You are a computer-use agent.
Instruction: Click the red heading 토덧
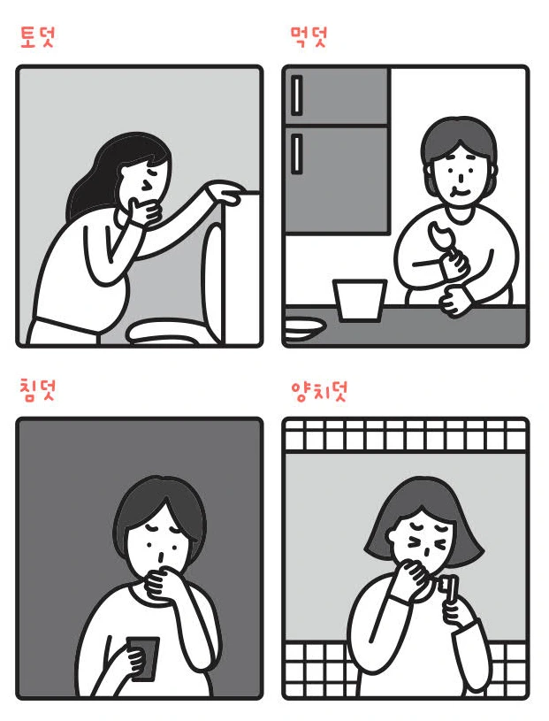point(38,37)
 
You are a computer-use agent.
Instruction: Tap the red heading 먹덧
point(309,37)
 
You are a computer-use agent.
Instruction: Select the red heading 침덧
point(38,391)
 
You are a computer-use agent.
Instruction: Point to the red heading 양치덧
point(320,391)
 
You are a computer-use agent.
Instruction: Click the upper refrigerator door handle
point(297,96)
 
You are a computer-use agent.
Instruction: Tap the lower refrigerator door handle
point(297,154)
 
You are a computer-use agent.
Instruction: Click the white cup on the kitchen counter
point(359,300)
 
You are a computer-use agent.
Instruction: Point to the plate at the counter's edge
point(304,329)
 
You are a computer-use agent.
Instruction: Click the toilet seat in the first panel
point(164,333)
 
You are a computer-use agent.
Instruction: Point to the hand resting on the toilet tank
point(227,191)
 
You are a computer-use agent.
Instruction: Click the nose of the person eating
point(461,175)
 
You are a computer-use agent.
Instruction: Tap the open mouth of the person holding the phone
point(159,557)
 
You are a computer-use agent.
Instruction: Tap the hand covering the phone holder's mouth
point(162,581)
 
